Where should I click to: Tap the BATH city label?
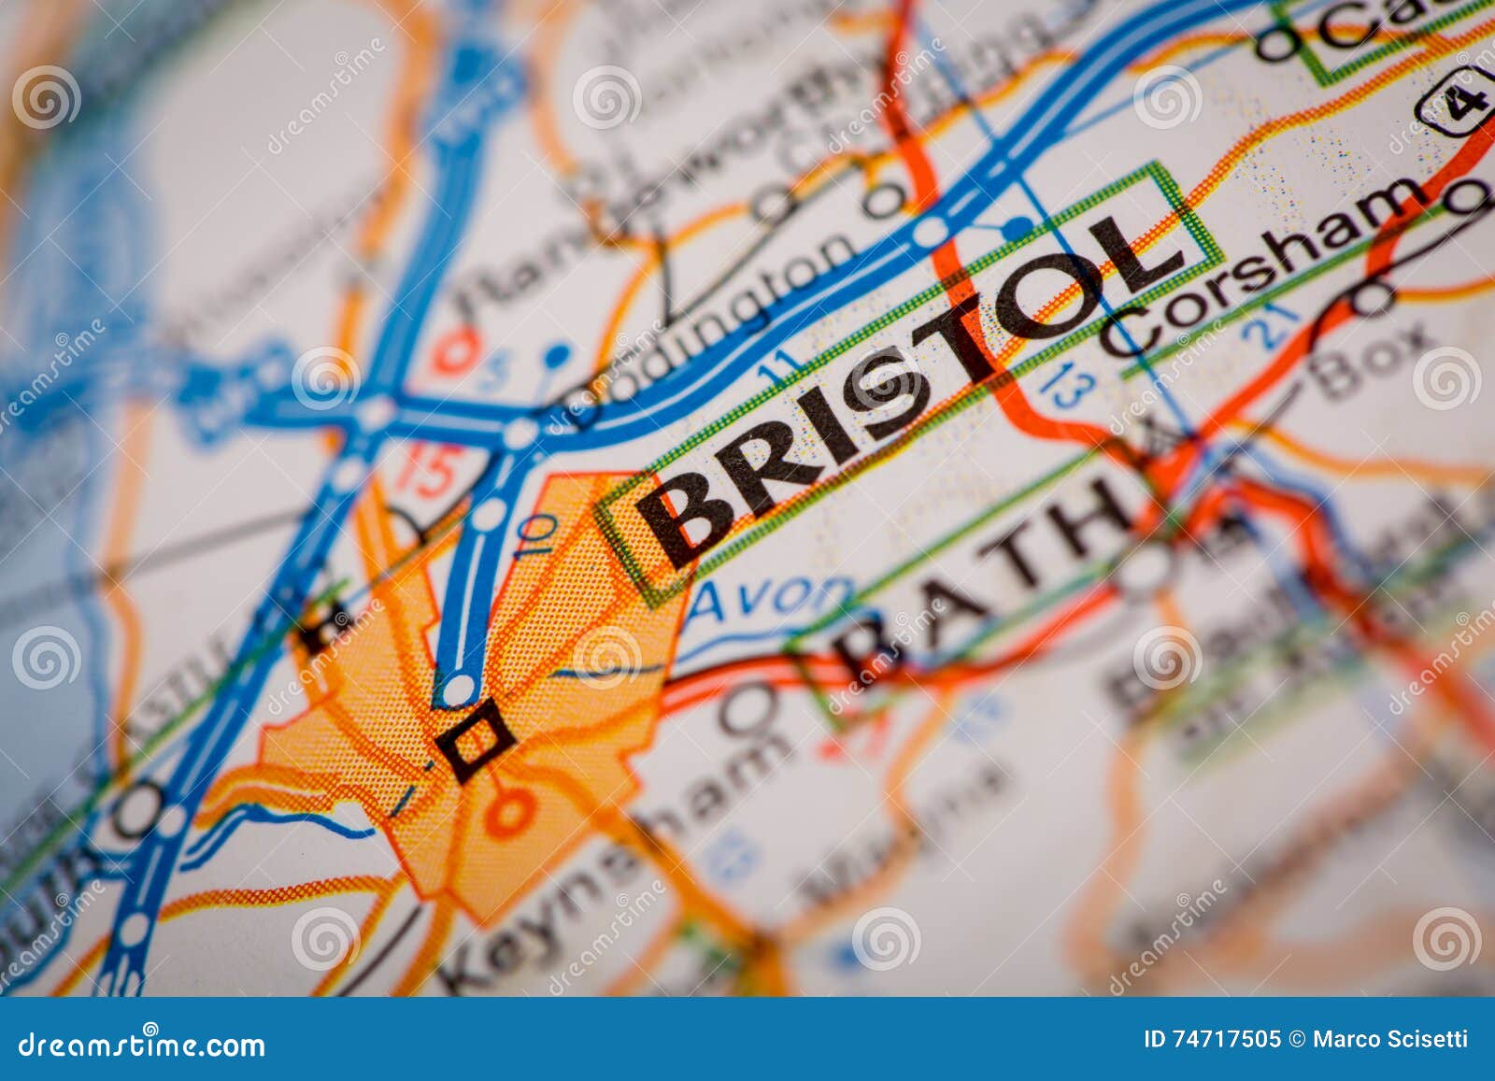click(x=981, y=570)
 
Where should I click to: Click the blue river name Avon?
click(x=771, y=598)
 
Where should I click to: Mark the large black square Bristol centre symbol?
click(x=477, y=740)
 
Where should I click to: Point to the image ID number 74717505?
click(x=1211, y=1039)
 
